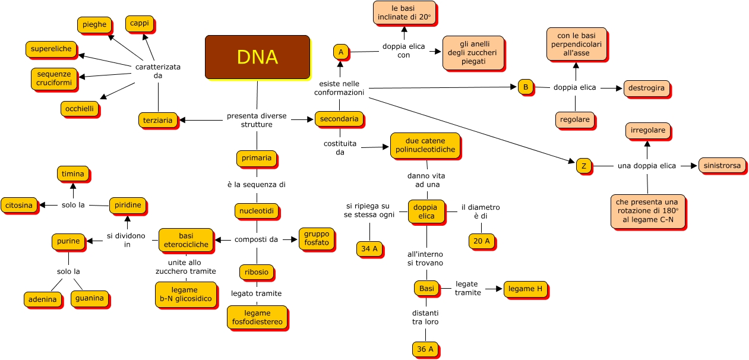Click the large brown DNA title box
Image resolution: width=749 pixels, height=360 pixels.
(x=257, y=57)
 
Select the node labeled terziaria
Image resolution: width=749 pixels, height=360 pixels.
(x=158, y=120)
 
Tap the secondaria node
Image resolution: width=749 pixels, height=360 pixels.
(x=339, y=119)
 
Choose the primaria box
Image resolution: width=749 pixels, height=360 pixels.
(x=257, y=158)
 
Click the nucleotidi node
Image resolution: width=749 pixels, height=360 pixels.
(x=257, y=211)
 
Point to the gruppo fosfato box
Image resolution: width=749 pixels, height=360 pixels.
(x=317, y=238)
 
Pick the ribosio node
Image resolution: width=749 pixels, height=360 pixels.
(x=257, y=272)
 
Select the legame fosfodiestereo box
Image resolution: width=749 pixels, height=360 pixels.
(x=257, y=317)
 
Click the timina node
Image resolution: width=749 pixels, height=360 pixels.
(x=73, y=173)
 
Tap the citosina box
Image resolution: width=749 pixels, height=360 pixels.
(x=20, y=206)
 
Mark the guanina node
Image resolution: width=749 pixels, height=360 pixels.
(x=89, y=298)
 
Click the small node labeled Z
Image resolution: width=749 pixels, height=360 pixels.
(x=584, y=166)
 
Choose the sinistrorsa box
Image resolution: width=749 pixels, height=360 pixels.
(x=722, y=166)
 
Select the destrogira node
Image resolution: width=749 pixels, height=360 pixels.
(x=647, y=89)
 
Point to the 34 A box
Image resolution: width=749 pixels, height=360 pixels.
(x=369, y=249)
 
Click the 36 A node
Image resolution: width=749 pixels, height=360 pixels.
(x=425, y=349)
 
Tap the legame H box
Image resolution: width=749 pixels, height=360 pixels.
(x=526, y=289)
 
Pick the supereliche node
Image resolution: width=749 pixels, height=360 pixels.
(x=51, y=49)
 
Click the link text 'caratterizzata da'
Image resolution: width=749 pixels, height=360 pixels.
(x=158, y=71)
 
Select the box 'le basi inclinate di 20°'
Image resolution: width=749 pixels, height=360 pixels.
(x=404, y=12)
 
